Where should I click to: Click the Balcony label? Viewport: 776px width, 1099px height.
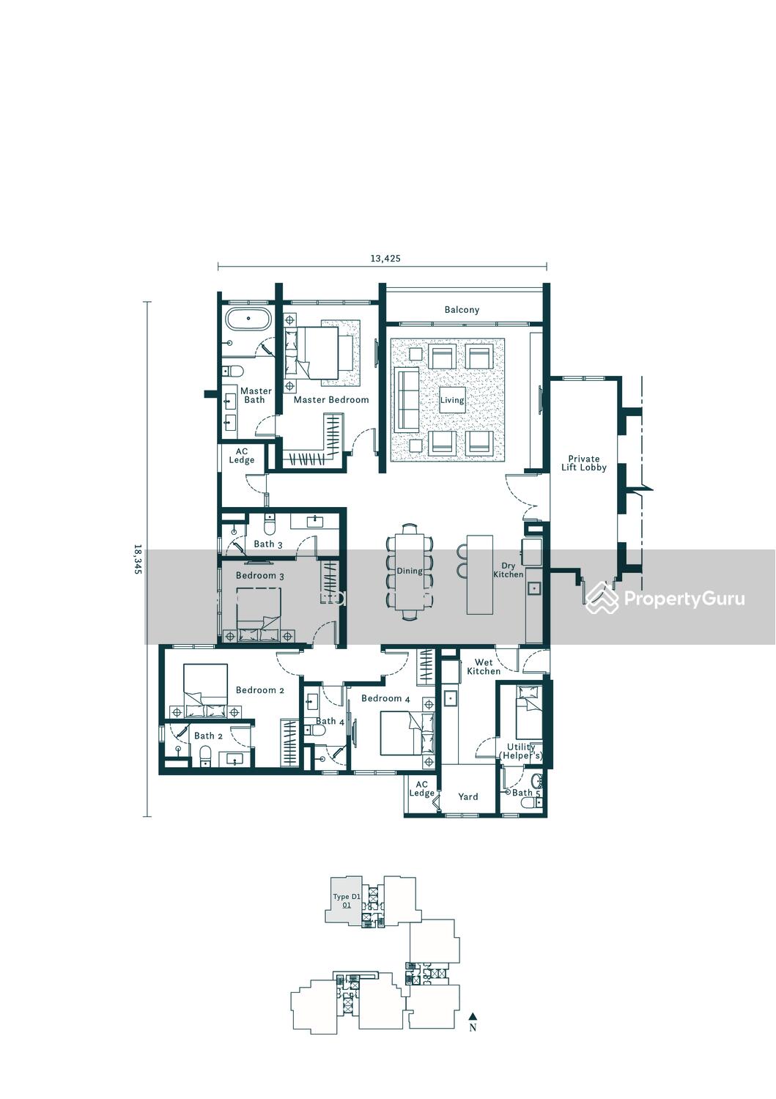coord(462,310)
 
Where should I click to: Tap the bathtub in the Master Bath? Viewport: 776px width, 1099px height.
coord(248,319)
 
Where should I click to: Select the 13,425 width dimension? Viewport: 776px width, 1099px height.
coord(385,258)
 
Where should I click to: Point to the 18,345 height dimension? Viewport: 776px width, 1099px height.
coord(138,559)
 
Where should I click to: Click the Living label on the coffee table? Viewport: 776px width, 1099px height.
coord(451,400)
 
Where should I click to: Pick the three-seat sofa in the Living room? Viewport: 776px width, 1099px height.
coord(407,400)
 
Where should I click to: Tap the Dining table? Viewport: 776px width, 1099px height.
coord(410,571)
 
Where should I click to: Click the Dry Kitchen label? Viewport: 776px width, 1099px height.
coord(509,569)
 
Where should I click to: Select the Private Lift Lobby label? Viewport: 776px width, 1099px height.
coord(583,463)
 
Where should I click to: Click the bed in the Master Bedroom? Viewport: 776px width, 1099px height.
coord(319,352)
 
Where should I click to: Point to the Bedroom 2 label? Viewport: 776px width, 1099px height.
coord(259,690)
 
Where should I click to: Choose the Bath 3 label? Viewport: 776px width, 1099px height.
coord(267,544)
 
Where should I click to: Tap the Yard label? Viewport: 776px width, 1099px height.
coord(468,797)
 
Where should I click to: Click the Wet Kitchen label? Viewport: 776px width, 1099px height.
coord(484,667)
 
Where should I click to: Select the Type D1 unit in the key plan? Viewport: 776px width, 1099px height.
coord(347,901)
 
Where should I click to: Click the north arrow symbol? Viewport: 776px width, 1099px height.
coord(473,1016)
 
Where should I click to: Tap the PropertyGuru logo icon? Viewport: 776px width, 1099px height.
coord(602,598)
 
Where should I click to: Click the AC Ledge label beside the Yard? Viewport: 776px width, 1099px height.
coord(421,789)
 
